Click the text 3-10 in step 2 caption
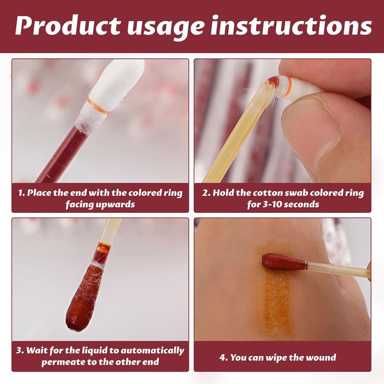tap(272, 204)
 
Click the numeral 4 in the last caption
tap(222, 358)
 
